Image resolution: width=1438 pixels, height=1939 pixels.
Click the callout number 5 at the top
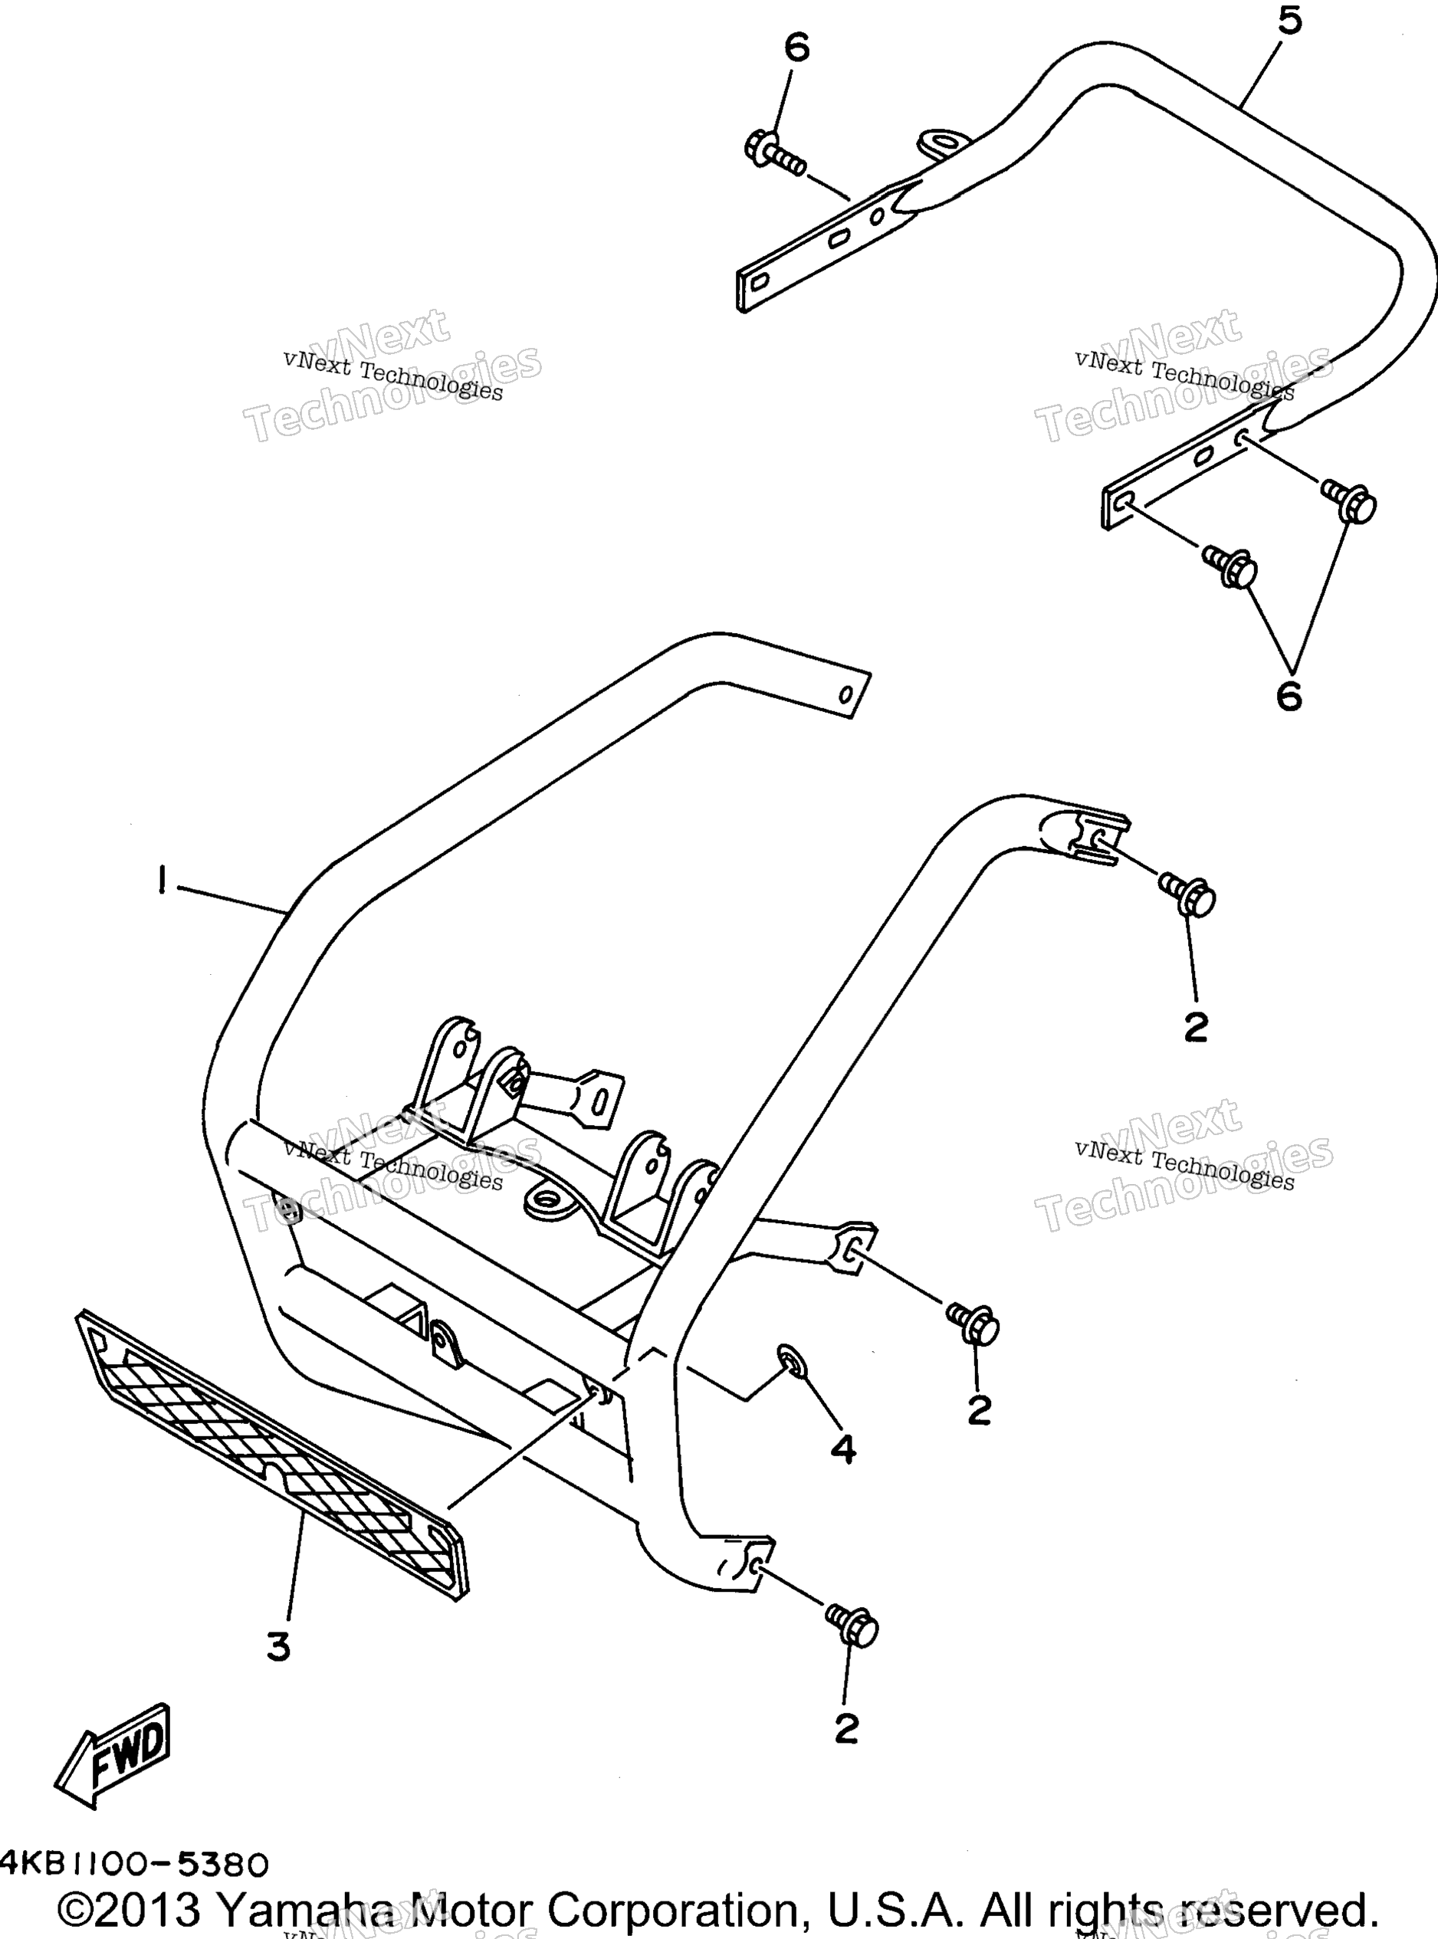tap(1290, 21)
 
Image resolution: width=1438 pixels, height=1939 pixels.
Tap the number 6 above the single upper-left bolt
tap(796, 47)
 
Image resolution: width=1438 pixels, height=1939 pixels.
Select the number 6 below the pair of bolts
tap(1289, 696)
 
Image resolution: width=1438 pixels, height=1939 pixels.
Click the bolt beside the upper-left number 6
tap(775, 154)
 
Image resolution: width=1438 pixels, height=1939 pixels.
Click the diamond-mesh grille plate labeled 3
tap(271, 1458)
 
